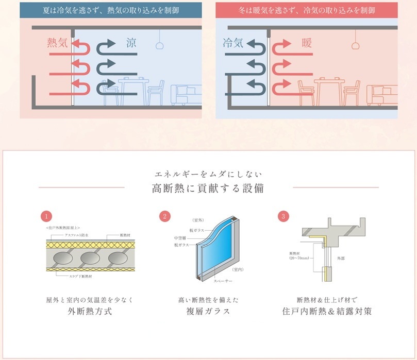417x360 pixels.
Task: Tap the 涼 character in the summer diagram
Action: point(132,43)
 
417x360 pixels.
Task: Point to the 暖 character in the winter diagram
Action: point(307,43)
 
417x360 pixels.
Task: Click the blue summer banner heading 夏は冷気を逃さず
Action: point(111,9)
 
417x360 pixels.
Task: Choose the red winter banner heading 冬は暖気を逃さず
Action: point(307,9)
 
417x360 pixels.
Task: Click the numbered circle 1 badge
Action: point(46,216)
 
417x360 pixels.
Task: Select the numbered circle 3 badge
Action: point(283,216)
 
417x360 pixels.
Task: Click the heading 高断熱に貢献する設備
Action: point(208,188)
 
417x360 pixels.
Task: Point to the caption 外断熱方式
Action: point(90,312)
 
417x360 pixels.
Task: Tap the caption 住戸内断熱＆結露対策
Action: point(327,312)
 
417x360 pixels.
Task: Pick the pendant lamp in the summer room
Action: point(160,45)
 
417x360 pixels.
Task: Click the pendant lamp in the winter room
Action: point(355,45)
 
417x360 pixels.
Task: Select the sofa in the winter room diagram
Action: point(381,95)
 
